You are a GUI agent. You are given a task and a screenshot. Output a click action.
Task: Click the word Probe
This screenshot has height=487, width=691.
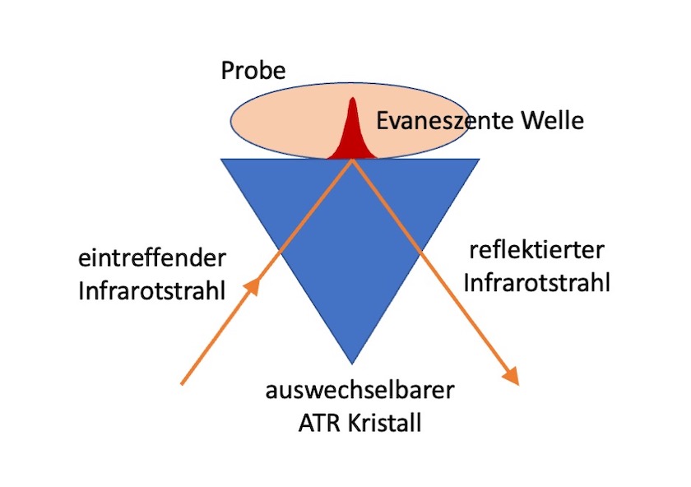253,71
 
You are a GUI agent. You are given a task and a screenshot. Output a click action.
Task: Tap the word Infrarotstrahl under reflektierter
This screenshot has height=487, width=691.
537,283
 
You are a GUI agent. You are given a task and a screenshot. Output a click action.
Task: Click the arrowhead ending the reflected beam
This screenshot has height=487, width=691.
512,377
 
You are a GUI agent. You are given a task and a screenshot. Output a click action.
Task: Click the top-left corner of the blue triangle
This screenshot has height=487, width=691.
223,160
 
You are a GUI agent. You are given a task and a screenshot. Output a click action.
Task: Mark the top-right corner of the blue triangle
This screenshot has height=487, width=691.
479,160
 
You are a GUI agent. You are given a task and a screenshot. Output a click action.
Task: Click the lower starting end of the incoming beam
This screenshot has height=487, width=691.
182,383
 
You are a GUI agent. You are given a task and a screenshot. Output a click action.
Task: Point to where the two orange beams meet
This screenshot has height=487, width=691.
353,160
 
